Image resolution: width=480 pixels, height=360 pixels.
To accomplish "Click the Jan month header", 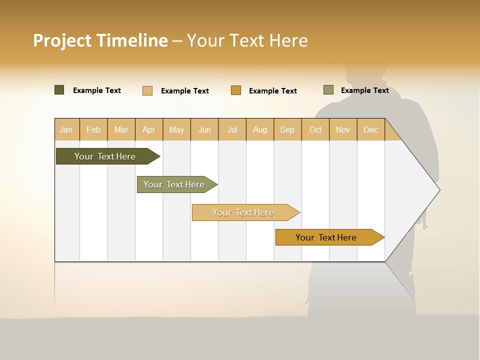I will [66, 129].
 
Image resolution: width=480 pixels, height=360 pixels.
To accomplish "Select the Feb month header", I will [93, 129].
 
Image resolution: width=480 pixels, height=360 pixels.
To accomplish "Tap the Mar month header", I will [121, 129].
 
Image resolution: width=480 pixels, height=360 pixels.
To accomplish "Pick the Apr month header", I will [149, 129].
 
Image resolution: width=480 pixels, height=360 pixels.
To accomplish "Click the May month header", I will [176, 129].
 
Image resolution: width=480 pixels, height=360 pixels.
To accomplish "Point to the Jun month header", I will [204, 129].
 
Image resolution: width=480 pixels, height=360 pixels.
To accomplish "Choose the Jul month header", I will [232, 129].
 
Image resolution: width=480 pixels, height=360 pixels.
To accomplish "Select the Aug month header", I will [260, 129].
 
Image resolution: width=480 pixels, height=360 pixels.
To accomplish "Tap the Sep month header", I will [287, 129].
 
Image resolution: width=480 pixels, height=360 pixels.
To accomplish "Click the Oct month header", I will [315, 129].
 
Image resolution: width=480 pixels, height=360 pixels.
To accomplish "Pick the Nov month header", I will [343, 129].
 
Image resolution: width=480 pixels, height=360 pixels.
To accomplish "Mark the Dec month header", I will [371, 129].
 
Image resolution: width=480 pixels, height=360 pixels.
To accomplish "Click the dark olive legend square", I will [59, 90].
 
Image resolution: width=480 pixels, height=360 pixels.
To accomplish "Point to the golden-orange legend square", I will [236, 90].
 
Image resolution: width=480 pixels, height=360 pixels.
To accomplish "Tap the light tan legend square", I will [147, 90].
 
